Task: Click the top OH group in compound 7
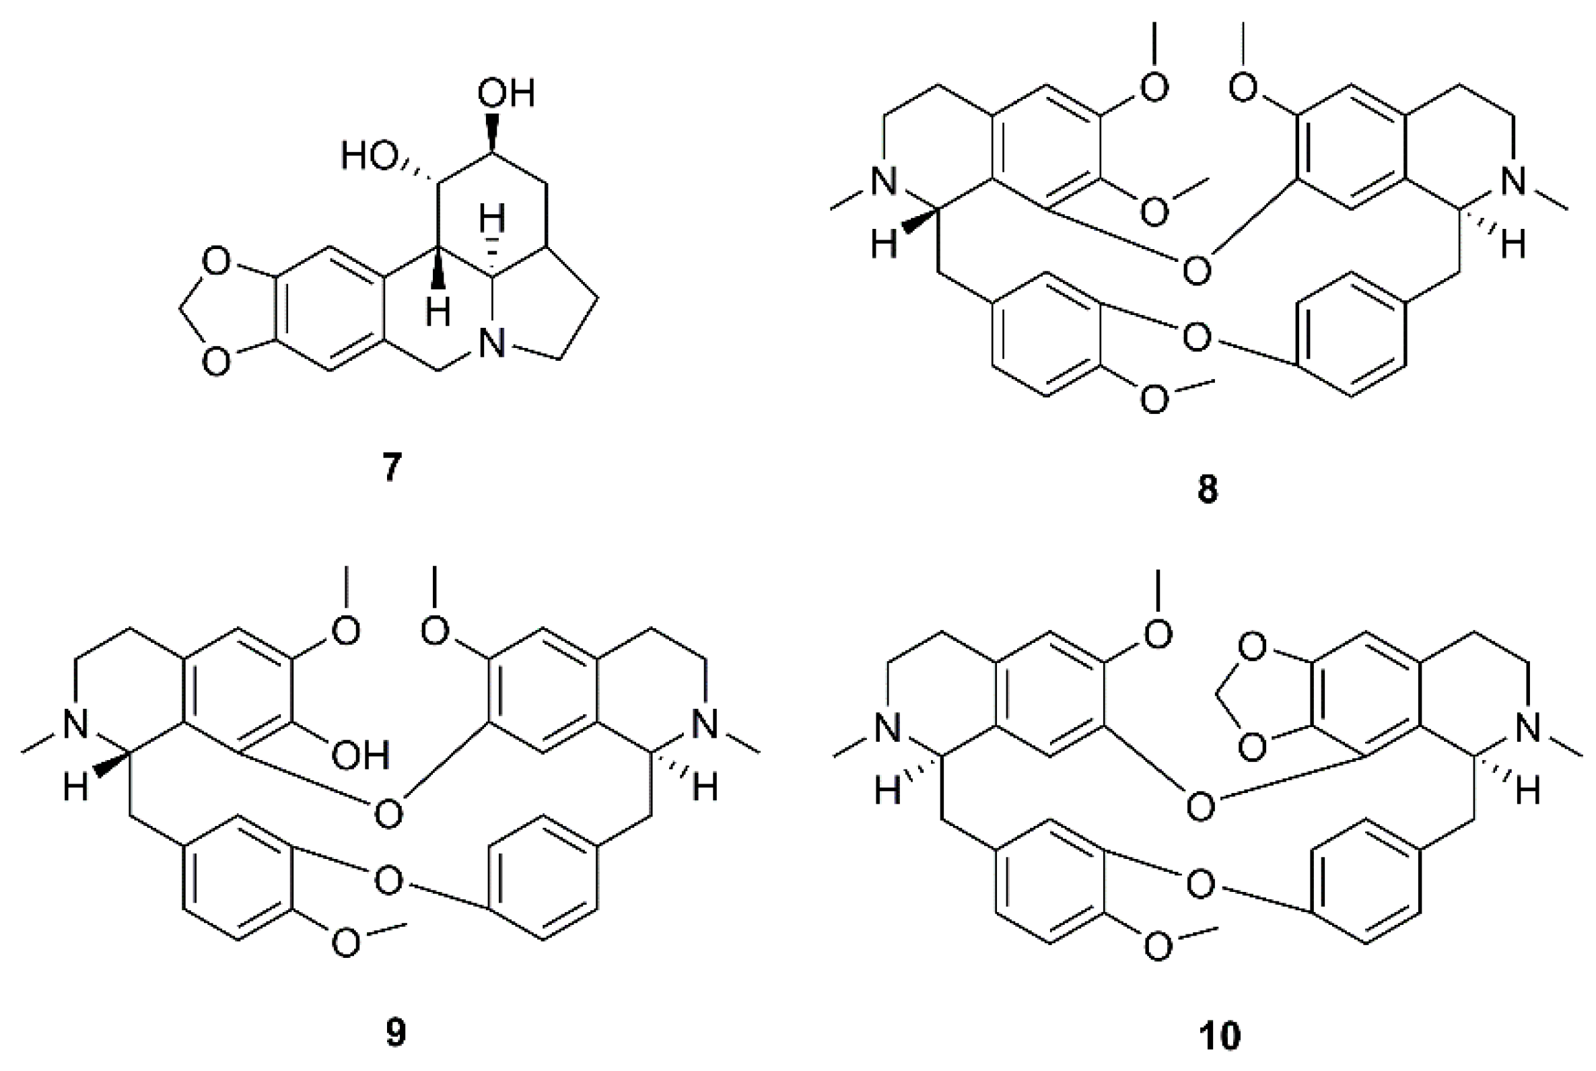click(506, 93)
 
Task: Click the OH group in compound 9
click(360, 755)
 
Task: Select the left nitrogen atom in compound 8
click(884, 182)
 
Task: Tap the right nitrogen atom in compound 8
click(1514, 182)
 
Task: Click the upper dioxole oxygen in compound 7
click(216, 263)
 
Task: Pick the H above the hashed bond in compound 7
click(491, 220)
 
